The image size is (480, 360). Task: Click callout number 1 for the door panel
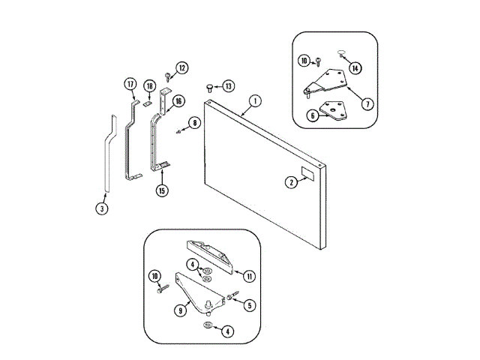tap(255, 101)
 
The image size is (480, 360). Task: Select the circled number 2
tap(290, 181)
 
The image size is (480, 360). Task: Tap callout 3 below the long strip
tap(102, 208)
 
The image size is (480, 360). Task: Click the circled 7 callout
tap(367, 103)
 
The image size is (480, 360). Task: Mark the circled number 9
tap(180, 310)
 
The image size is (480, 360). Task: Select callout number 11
tap(249, 276)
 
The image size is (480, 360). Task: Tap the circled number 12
tap(181, 68)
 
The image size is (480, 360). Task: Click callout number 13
tap(228, 85)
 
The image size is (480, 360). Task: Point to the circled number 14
tap(355, 68)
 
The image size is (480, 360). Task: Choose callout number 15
tap(162, 190)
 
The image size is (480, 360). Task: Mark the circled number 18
tap(149, 85)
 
